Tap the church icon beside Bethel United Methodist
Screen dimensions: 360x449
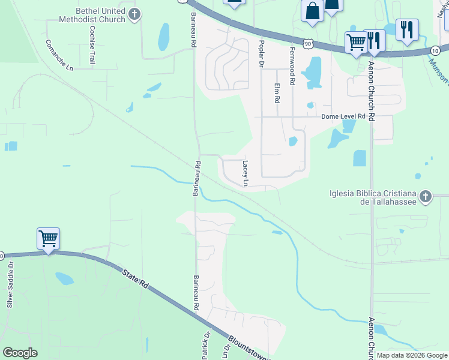[x=135, y=14]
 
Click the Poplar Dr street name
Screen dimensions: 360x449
[x=261, y=53]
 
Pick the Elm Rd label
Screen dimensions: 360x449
[x=277, y=92]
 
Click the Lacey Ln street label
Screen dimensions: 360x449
[x=246, y=173]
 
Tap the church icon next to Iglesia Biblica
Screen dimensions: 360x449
[x=425, y=196]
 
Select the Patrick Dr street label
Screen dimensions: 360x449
[x=206, y=347]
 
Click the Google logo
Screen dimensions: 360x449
[x=20, y=353]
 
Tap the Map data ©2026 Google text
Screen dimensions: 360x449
[x=412, y=355]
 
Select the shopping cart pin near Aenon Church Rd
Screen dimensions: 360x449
[x=356, y=43]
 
